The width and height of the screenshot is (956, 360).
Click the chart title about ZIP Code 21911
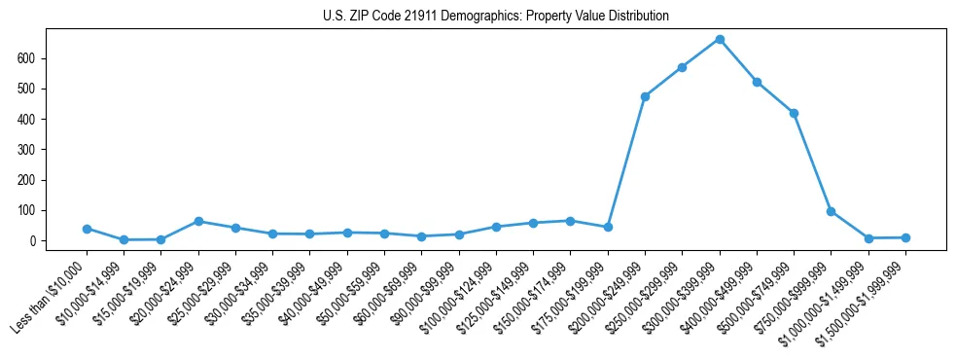coord(495,17)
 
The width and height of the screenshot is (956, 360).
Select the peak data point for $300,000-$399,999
coord(720,39)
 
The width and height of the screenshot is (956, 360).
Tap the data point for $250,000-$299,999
coord(683,67)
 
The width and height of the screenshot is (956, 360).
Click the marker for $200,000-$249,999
coord(645,96)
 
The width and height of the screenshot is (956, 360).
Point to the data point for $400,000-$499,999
coord(757,82)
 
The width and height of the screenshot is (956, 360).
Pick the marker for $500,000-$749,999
coord(794,113)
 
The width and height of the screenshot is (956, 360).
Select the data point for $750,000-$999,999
coord(831,211)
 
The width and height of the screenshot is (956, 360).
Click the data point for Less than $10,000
coord(87,229)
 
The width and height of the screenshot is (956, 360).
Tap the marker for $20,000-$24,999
coord(198,221)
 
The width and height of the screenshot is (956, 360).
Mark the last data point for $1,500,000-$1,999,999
coord(905,237)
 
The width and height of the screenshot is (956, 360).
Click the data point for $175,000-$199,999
coord(608,227)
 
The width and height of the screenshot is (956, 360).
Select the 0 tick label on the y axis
coord(33,241)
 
